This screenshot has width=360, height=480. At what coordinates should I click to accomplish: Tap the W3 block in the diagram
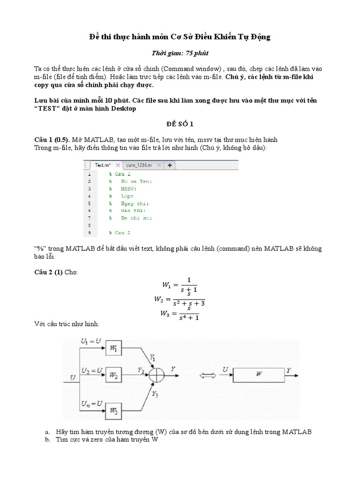tap(114, 410)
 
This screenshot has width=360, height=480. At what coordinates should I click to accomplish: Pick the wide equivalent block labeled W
tap(258, 374)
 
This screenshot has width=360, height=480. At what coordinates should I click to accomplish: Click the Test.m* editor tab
tap(103, 165)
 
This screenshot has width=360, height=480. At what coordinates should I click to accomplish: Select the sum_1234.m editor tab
tap(140, 165)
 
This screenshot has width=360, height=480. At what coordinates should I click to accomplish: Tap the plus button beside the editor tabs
tap(170, 165)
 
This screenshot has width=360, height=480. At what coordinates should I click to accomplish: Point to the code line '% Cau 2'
tap(120, 232)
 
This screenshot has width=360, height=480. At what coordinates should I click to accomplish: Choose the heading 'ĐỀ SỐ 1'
tap(180, 124)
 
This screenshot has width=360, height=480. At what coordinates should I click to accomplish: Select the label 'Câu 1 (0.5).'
tap(52, 140)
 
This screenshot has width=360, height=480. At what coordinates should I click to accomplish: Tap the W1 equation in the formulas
tap(180, 285)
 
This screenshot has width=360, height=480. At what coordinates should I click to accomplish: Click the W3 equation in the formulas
tap(180, 313)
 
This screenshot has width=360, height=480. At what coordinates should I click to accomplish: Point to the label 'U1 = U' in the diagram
tap(90, 341)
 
